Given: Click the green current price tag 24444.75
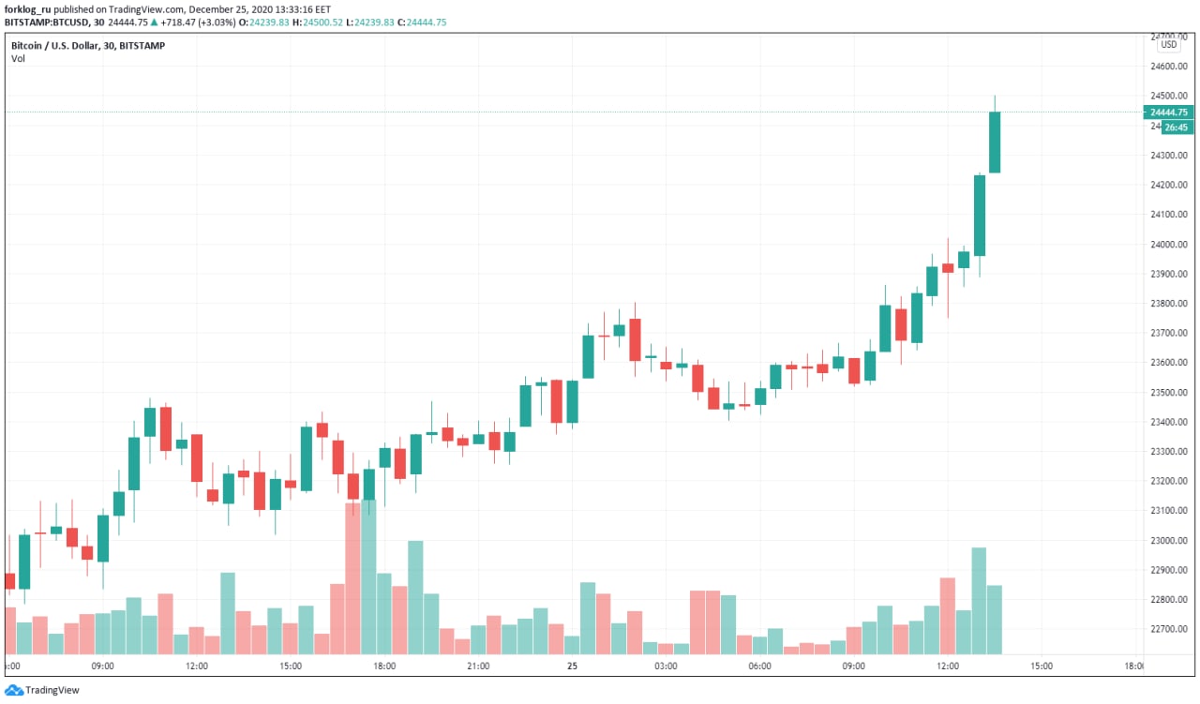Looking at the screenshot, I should (x=1168, y=112).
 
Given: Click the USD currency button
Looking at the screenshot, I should (x=1168, y=44).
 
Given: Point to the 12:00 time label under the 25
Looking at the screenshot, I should (x=947, y=667).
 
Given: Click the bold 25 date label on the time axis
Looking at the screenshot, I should (x=572, y=667).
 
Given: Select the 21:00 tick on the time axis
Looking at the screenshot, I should (x=478, y=667).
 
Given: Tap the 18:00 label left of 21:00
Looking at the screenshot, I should (x=384, y=667).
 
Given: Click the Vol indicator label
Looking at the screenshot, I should (x=18, y=59).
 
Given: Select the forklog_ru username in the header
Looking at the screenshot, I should (x=28, y=8).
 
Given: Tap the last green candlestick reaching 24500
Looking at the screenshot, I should (x=995, y=142).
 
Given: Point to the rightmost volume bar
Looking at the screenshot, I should (x=995, y=619).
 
